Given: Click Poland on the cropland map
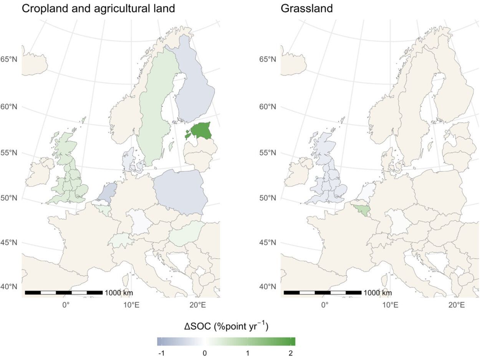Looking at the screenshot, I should [180, 191].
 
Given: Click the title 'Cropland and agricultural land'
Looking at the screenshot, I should [98, 8].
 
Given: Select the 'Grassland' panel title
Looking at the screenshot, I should [307, 8].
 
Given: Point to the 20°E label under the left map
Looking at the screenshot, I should [197, 306].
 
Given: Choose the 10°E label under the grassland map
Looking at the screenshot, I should [391, 306].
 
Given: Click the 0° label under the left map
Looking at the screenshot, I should [66, 306].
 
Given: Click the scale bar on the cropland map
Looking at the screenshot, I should [64, 293].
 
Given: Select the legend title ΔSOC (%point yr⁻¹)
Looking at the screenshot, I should [226, 327].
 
